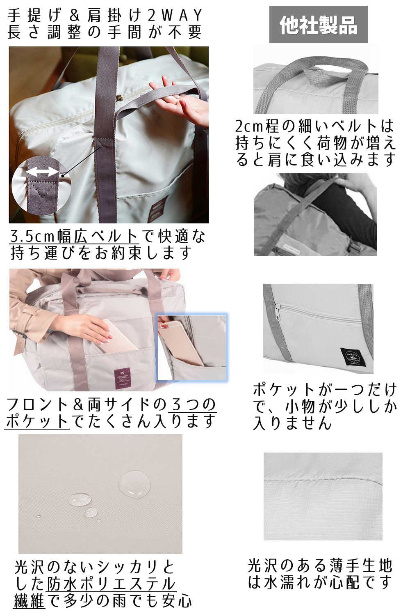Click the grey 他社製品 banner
pyautogui.click(x=318, y=24)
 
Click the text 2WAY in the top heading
pyautogui.click(x=175, y=16)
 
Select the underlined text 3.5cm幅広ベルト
pyautogui.click(x=74, y=236)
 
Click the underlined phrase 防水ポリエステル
pyautogui.click(x=111, y=584)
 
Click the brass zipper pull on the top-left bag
pyautogui.click(x=120, y=99)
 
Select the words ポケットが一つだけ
pyautogui.click(x=324, y=389)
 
